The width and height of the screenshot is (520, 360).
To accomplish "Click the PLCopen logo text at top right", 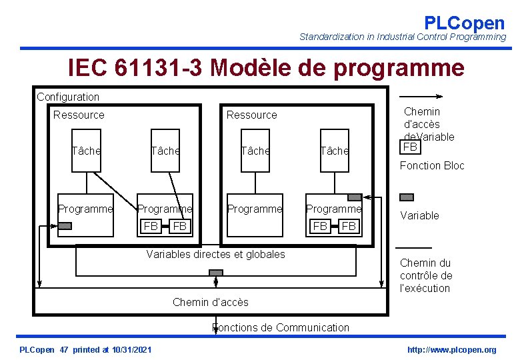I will coord(464,23).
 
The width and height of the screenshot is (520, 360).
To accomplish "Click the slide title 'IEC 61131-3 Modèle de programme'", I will coord(266,68).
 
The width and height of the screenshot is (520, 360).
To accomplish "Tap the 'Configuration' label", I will coord(68,97).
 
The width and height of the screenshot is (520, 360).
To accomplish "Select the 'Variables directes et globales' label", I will coord(215,254).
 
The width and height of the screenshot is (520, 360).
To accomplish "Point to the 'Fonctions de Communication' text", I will coord(280,327).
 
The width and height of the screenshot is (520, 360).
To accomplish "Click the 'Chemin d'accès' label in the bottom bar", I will coord(210,302).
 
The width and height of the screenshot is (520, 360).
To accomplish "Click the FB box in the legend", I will coord(410,147).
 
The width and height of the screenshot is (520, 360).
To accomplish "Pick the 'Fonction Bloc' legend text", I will coord(432,165).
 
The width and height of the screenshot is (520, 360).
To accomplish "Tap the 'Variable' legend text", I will coord(419,215).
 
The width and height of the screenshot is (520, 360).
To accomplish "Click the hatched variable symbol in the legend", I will coord(406,197).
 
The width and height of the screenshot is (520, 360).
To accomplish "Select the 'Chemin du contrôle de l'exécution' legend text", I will coord(426,275).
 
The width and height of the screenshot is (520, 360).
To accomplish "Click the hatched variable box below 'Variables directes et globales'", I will coord(216,273).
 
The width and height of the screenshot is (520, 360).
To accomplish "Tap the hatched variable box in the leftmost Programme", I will coord(65,225).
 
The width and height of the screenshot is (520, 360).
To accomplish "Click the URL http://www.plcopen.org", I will coord(452,350).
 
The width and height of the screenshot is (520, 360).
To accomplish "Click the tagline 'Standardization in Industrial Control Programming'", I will coord(403,37).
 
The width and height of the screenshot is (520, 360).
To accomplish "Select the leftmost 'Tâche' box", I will coord(87,151).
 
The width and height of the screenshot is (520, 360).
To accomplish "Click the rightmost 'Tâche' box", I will coord(334,151).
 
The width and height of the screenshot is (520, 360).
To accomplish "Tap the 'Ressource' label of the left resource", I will coord(79,115).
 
